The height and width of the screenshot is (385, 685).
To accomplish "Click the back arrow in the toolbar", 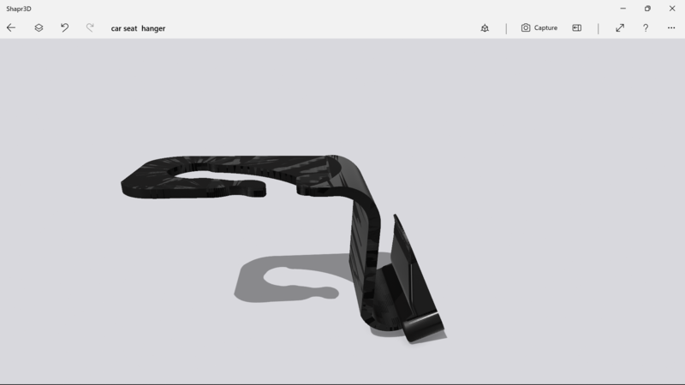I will point(11,27).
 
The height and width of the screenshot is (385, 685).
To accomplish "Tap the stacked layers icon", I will point(39,27).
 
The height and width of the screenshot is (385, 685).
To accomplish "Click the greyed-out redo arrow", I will point(90,27).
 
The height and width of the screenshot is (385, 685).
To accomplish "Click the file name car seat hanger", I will point(138,28).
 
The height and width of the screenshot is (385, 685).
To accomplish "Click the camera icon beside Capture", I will point(526,27).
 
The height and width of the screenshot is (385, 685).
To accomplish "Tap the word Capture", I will point(545,27).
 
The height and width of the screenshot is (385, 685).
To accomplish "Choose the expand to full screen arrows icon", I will point(620,27).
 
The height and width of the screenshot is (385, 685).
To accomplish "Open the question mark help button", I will point(646,27).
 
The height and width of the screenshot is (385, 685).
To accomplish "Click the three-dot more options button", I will point(671,27).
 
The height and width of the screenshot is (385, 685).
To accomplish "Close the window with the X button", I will point(672,8).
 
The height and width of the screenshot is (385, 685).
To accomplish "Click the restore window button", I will point(647,8).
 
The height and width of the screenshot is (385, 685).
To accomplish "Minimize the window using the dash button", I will point(622,8).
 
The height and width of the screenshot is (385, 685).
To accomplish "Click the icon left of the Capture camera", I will point(485,27).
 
